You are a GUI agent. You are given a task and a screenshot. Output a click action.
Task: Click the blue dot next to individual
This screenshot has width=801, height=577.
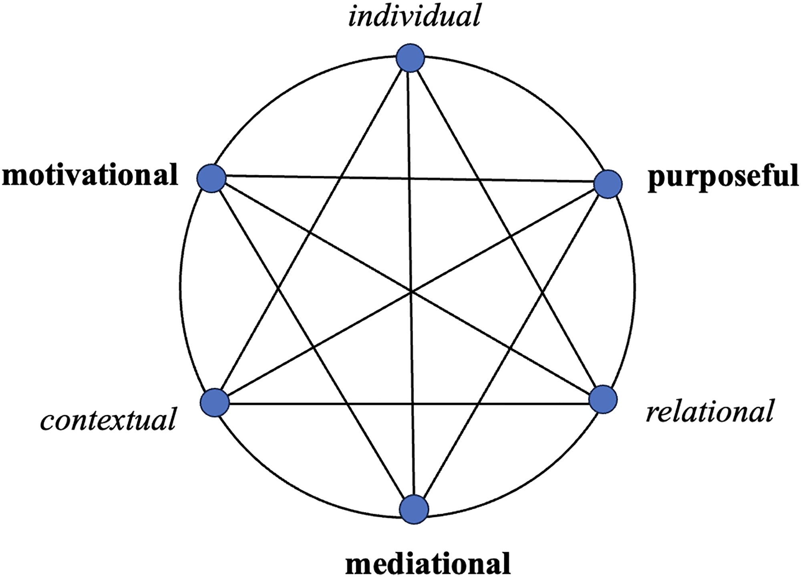[x=410, y=58]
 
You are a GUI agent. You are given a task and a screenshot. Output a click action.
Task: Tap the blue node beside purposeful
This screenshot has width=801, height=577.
[x=608, y=184]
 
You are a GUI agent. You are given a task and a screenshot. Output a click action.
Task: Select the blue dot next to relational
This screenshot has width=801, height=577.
[x=603, y=399]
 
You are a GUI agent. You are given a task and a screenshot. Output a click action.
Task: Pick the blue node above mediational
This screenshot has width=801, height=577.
[x=415, y=509]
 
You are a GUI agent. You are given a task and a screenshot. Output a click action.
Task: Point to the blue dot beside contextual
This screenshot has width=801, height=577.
[x=215, y=403]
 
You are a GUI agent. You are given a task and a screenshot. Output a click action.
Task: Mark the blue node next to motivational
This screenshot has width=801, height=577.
[x=211, y=178]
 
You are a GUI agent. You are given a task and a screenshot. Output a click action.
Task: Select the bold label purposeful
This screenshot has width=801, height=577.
[x=723, y=178]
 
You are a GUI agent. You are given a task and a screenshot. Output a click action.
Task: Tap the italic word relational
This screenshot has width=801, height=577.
[x=709, y=411]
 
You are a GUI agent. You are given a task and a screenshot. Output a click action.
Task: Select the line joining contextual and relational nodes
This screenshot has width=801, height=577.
[x=409, y=403]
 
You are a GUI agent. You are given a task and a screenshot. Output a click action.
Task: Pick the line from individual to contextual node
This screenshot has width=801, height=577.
[x=312, y=230]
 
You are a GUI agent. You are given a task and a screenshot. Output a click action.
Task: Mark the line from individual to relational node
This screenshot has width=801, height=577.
[x=507, y=229]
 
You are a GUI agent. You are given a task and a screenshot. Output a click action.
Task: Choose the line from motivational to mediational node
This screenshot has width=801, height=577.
[x=313, y=344]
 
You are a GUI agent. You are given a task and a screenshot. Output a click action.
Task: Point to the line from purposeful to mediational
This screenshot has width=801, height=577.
[x=511, y=346]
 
